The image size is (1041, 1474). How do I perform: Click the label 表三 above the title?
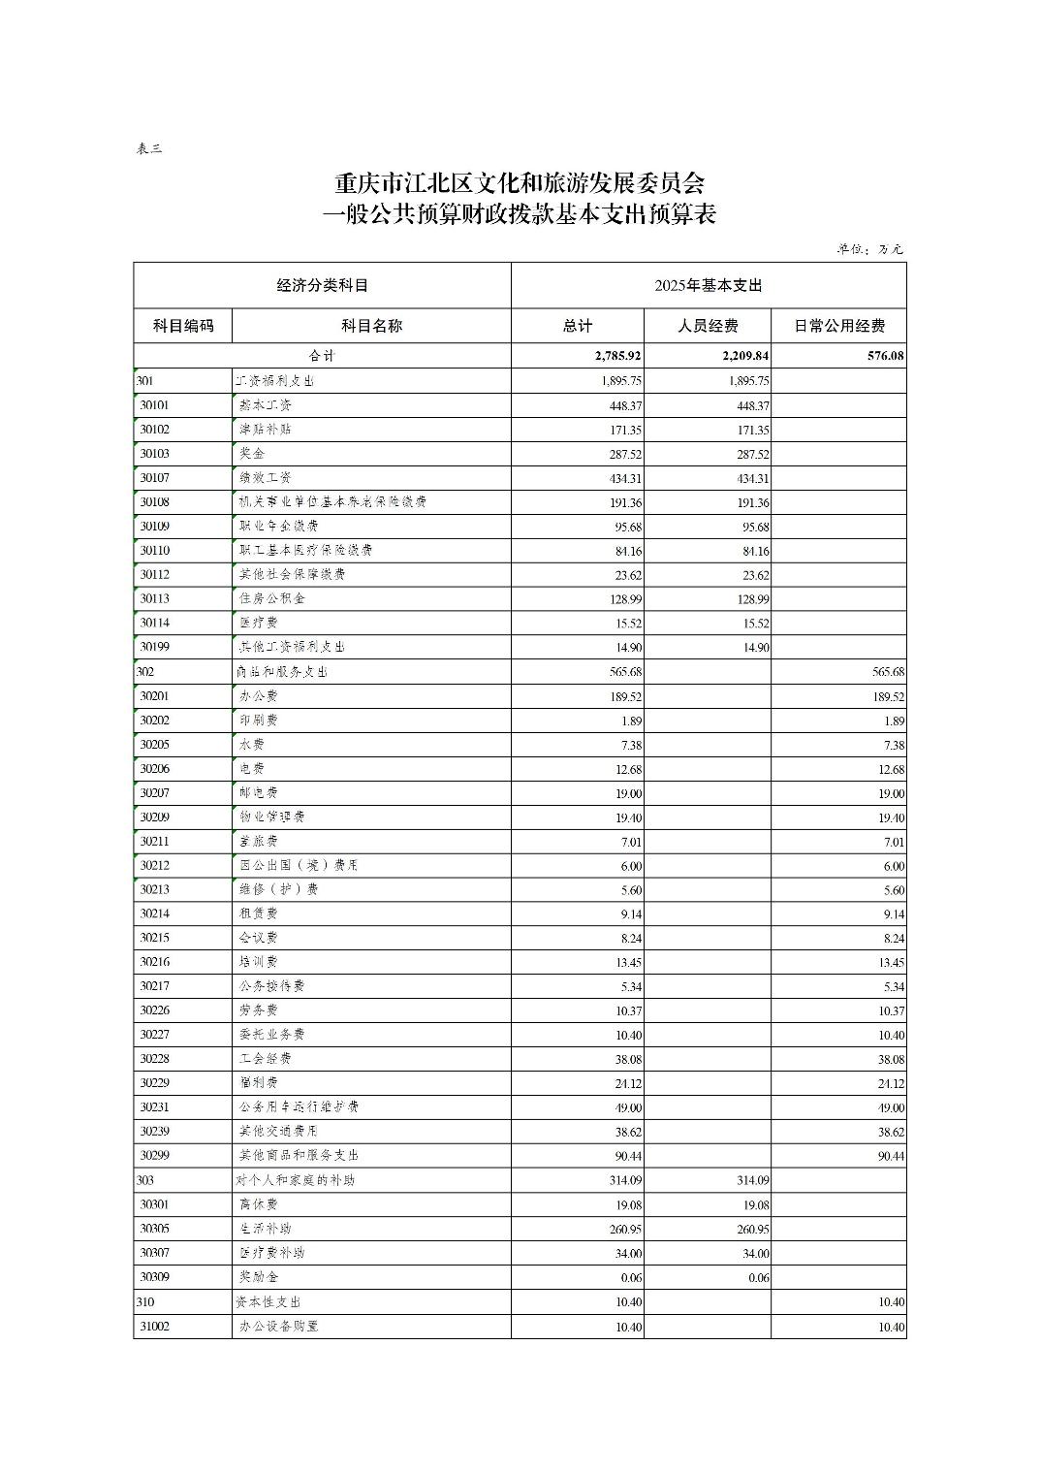coord(149,148)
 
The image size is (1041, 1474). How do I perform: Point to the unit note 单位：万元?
coord(870,249)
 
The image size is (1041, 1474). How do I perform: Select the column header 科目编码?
coord(183,326)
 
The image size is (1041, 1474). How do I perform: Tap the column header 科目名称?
coord(371,326)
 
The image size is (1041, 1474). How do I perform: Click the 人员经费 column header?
coord(708,326)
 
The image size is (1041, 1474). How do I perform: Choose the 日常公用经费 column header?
coord(839,326)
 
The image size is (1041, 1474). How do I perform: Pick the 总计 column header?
coord(578,326)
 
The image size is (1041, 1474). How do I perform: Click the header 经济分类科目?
coord(323,285)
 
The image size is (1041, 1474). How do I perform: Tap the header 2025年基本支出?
coord(709,285)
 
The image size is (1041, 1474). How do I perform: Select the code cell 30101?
coord(155,405)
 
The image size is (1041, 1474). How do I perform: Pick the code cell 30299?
coord(155,1156)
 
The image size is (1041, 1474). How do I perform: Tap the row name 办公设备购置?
coord(278,1326)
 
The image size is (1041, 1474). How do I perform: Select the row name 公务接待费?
coord(271,985)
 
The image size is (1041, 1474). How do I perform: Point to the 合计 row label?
coord(322,356)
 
